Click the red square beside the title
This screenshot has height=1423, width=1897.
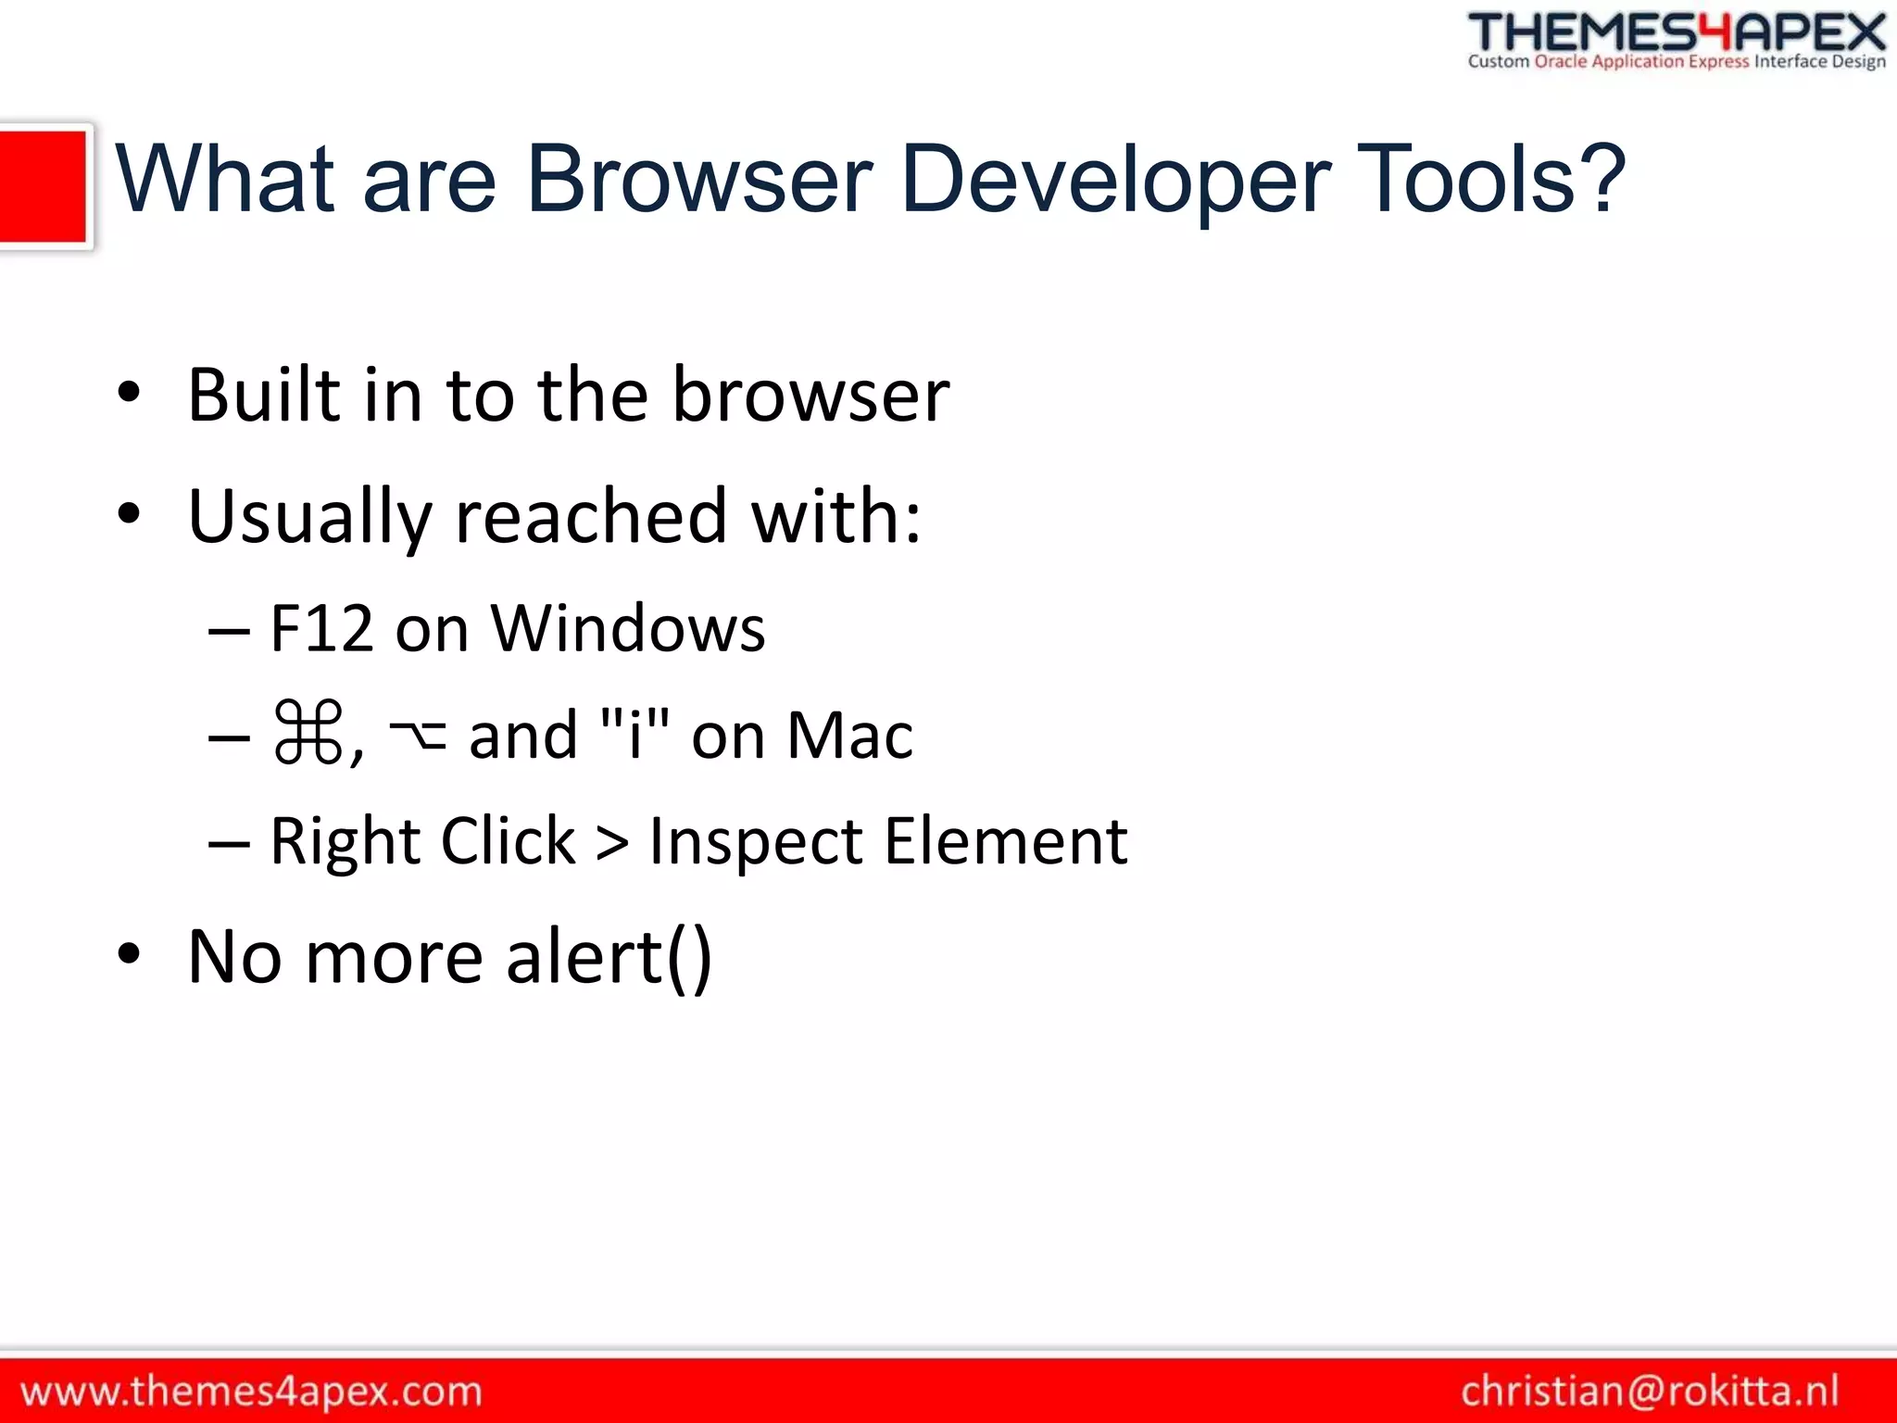[43, 185]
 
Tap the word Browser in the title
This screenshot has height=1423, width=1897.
[699, 180]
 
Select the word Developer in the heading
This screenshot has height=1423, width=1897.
[1115, 180]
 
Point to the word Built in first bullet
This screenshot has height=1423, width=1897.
[263, 396]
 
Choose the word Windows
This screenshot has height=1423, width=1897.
[628, 629]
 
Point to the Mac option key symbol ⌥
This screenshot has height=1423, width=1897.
[417, 735]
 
